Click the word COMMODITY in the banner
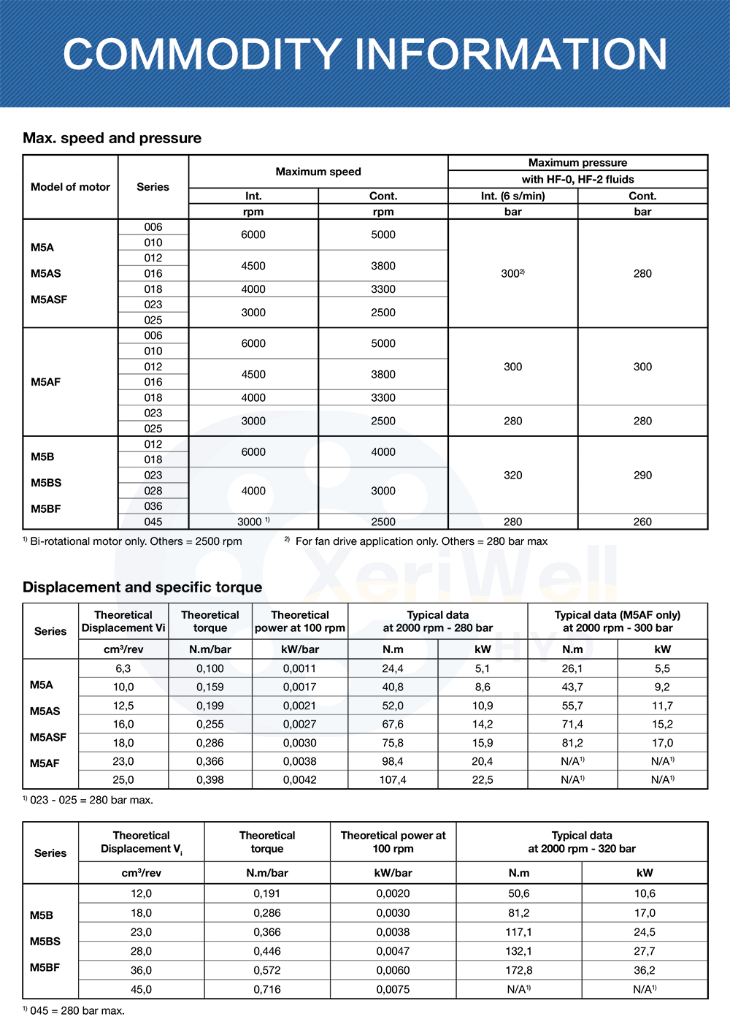pos(202,55)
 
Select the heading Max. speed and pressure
pos(112,138)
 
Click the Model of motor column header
pos(70,187)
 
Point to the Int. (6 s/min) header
pos(512,196)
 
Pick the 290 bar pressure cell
pos(642,475)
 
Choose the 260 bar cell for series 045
pos(642,522)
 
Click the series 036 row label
pos(153,506)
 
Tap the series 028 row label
pos(153,491)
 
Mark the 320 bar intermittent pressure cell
pos(512,475)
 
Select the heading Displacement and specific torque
pos(142,587)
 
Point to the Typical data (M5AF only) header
pos(618,622)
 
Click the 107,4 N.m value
pos(393,779)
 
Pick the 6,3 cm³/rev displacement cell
pos(123,668)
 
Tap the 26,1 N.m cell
pos(572,668)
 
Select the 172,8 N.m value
pos(519,970)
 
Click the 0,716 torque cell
pos(266,989)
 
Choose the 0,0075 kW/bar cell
pos(393,989)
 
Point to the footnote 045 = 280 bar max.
pos(74,1011)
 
